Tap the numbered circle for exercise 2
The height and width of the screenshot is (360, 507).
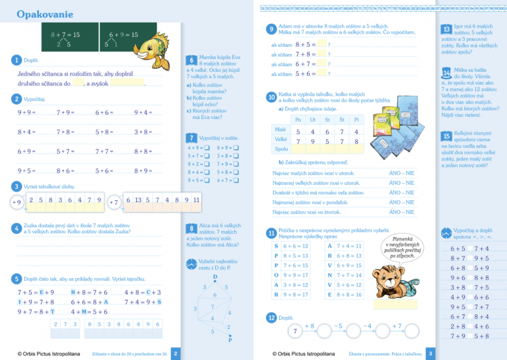16,99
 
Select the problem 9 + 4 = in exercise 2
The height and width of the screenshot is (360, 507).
143,113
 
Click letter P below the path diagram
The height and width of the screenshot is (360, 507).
230,342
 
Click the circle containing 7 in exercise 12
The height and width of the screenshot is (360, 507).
295,330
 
